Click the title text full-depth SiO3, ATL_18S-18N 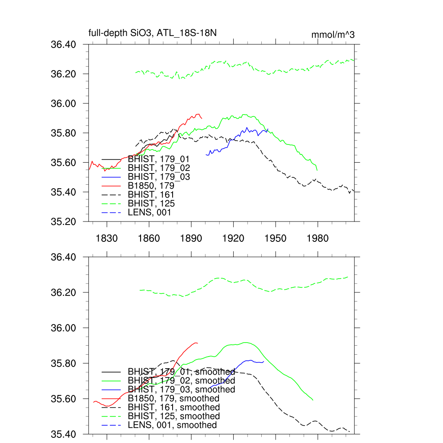pyautogui.click(x=152, y=33)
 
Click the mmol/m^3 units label pyautogui.click(x=333, y=35)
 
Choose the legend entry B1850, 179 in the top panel pyautogui.click(x=154, y=186)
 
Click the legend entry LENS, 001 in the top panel pyautogui.click(x=150, y=212)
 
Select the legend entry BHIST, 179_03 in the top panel pyautogui.click(x=159, y=177)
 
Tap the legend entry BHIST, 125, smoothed pyautogui.click(x=174, y=416)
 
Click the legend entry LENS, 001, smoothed pyautogui.click(x=172, y=425)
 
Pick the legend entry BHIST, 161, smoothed pyautogui.click(x=174, y=408)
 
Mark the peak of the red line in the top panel pyautogui.click(x=198, y=114)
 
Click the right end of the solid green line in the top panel pyautogui.click(x=318, y=170)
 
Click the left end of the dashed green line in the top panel pyautogui.click(x=135, y=73)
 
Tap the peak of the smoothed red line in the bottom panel pyautogui.click(x=196, y=343)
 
